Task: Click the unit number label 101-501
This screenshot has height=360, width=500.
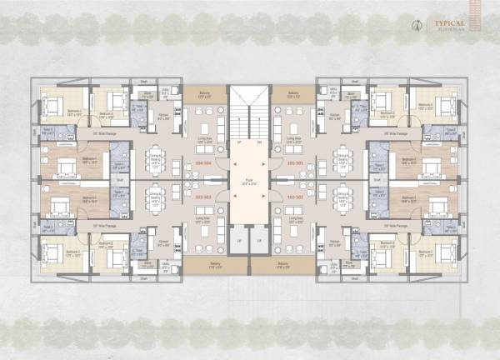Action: click(294, 163)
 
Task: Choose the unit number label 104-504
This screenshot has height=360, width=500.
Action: click(202, 163)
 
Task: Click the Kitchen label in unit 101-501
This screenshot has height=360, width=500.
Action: click(333, 116)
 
